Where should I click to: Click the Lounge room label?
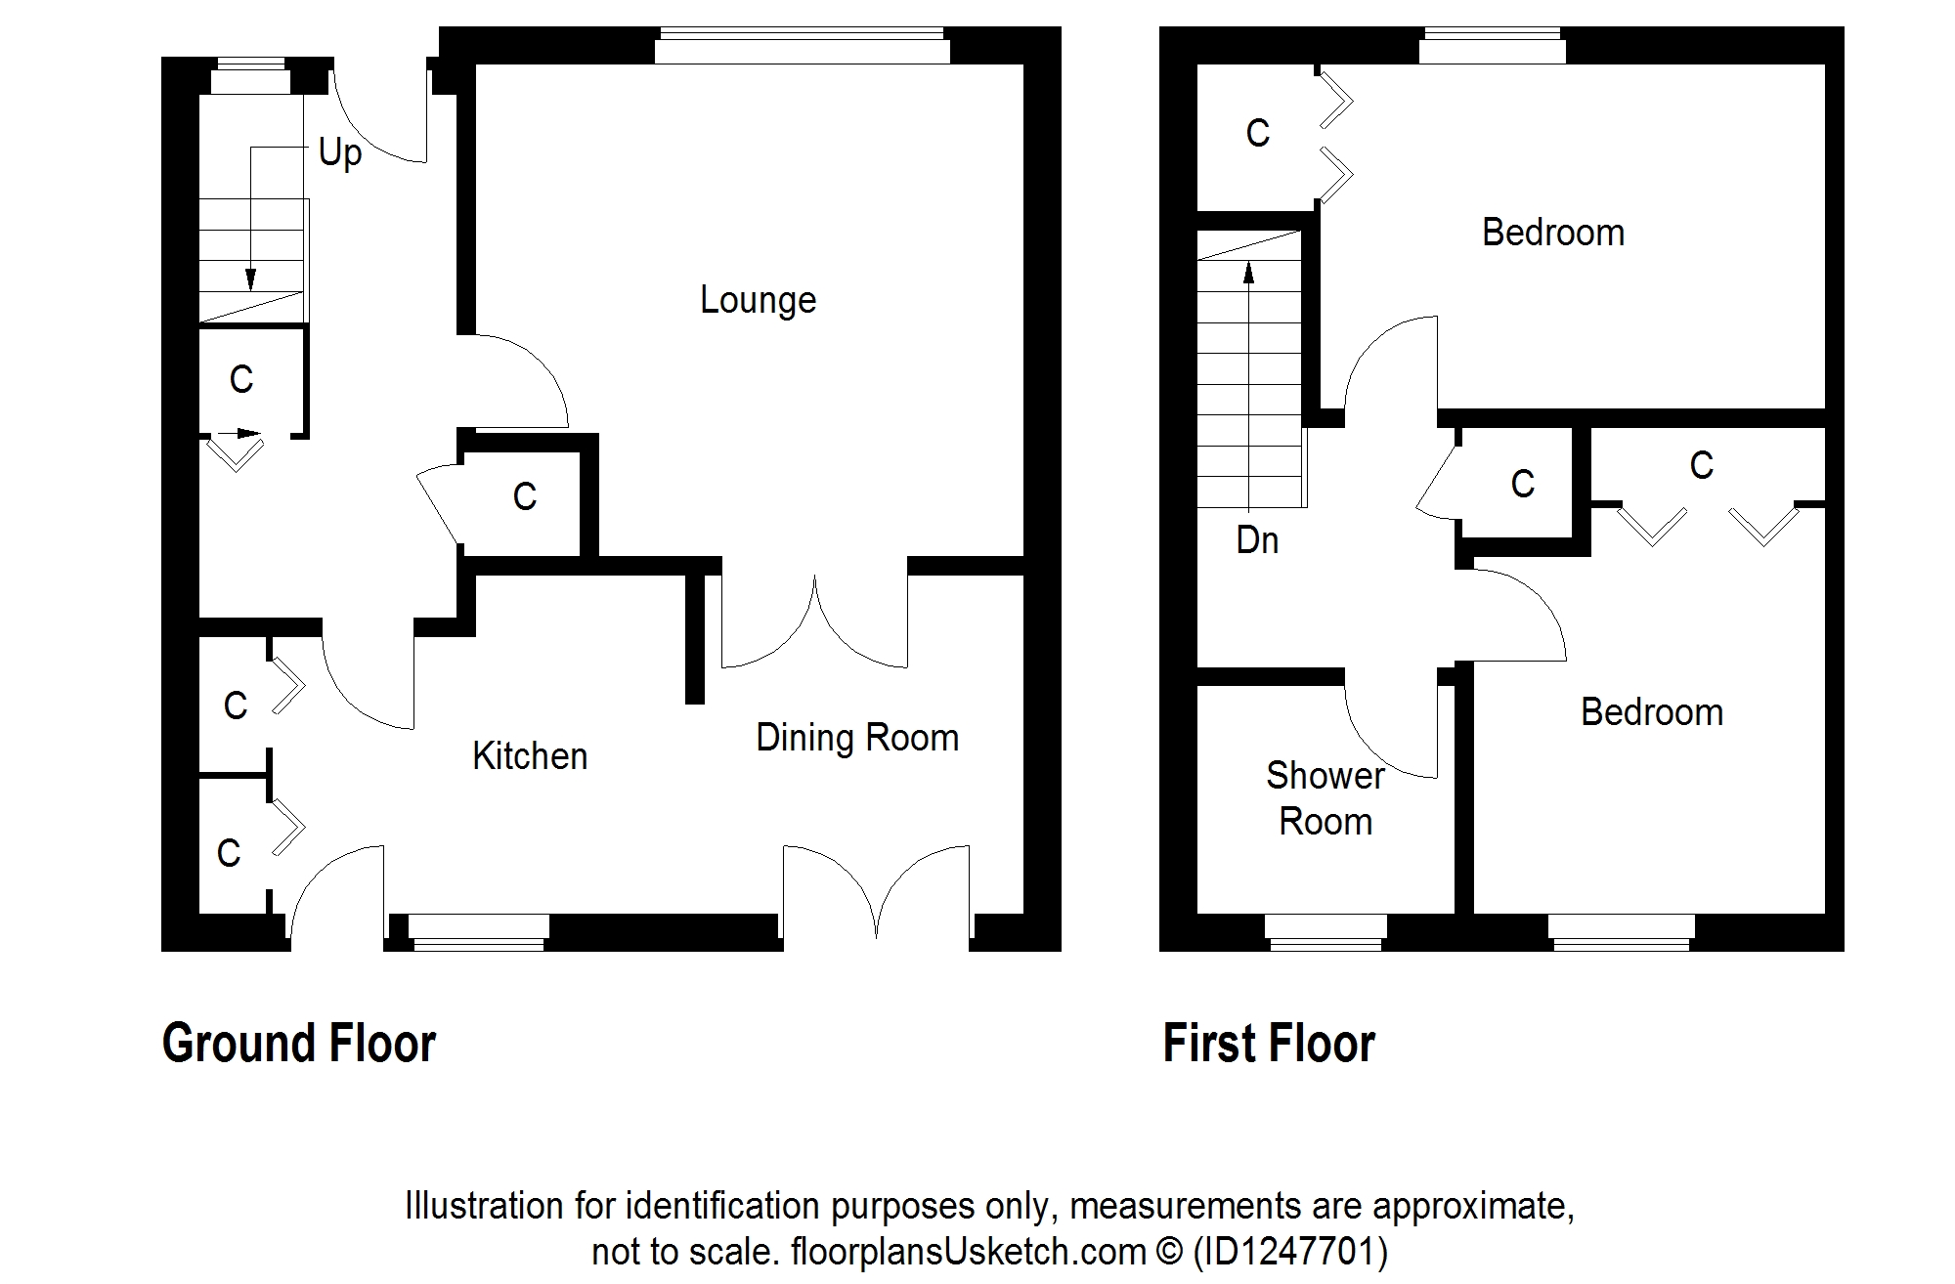(758, 301)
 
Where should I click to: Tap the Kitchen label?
(530, 756)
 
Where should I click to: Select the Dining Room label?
(857, 738)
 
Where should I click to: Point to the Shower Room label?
(1325, 798)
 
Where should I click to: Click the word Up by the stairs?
(340, 153)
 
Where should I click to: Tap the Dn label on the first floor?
(1257, 540)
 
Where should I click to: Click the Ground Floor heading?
(299, 1043)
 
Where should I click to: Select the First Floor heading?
(1269, 1043)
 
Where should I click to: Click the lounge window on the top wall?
(803, 46)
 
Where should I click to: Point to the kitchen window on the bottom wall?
(478, 932)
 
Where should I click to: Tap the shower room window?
(1325, 932)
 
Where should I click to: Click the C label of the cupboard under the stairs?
(241, 379)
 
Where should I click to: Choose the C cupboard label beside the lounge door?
(525, 497)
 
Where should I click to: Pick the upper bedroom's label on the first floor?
(1553, 234)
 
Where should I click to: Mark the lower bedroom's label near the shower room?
(1652, 712)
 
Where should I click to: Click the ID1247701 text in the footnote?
(1290, 1252)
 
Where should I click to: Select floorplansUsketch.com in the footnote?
(968, 1252)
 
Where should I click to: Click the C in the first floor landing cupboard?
(1523, 485)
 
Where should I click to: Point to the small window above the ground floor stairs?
(251, 76)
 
